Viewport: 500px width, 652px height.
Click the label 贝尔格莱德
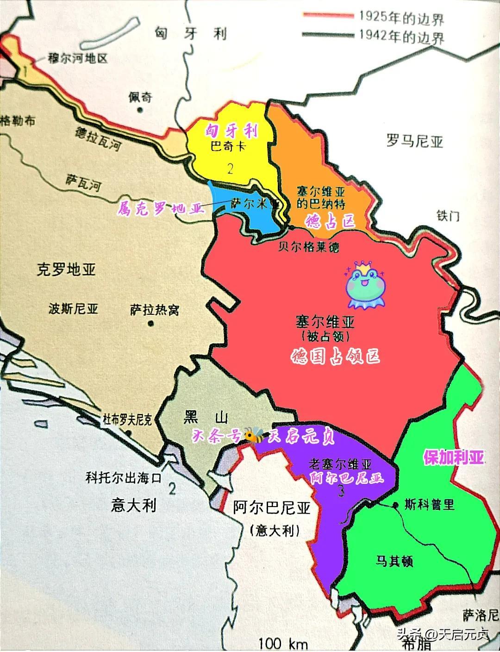[308, 246]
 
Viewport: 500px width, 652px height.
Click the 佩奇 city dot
[140, 110]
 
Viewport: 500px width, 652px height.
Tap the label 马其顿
[394, 562]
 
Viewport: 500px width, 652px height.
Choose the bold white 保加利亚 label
[454, 458]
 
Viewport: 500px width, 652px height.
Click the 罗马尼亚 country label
[415, 140]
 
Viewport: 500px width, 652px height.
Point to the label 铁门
[448, 215]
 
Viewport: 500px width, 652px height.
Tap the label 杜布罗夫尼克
[126, 420]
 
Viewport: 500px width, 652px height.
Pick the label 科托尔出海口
[123, 477]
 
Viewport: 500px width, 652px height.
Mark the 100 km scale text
[283, 644]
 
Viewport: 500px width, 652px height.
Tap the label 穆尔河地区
[77, 58]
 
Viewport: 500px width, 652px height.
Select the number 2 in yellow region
[230, 168]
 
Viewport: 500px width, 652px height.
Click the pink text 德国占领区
[335, 356]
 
